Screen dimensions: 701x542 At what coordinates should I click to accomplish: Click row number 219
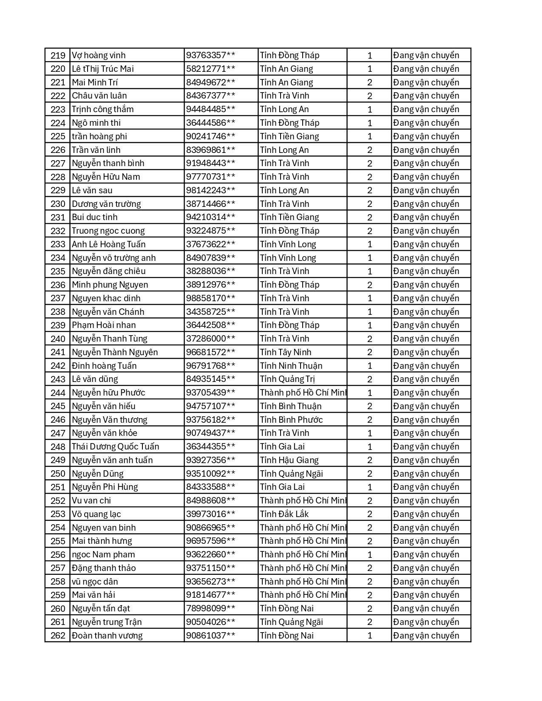pos(58,55)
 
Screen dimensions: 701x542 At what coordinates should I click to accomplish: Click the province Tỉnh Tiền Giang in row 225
pos(289,136)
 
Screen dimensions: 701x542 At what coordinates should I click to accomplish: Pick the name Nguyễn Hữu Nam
pos(106,177)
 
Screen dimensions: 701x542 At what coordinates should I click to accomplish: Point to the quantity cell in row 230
pos(369,204)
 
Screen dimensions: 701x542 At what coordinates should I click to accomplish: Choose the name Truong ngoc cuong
pos(108,231)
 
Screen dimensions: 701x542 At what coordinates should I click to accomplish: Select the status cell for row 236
pos(426,285)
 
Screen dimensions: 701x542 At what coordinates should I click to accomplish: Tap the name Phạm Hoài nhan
pos(104,325)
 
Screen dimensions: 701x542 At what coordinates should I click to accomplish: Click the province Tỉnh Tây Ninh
pos(286,352)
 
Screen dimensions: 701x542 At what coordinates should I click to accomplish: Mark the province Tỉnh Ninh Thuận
pos(291,366)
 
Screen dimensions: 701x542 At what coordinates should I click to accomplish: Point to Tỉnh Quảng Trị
pos(287,379)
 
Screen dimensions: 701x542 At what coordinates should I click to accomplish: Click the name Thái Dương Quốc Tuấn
pos(115,447)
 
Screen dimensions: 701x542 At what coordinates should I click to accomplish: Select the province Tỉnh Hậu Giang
pos(289,460)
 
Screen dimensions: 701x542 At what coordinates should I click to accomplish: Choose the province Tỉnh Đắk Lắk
pos(284,514)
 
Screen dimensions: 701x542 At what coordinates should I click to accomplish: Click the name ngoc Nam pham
pos(103,554)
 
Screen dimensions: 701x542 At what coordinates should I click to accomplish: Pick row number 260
pos(58,609)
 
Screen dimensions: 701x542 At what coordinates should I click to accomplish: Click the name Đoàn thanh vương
pos(107,636)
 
